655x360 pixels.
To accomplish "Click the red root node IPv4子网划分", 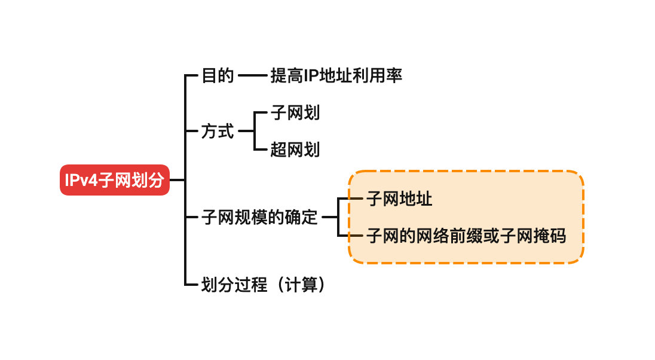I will (x=115, y=180).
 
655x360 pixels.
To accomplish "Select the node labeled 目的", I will (x=218, y=76).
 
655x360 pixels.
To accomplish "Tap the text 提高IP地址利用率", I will (x=336, y=76).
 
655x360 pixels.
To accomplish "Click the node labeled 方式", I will (x=218, y=131).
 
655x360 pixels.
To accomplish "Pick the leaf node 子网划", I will (x=295, y=112).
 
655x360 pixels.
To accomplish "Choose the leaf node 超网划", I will (x=295, y=150).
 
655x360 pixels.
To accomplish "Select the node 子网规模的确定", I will (x=260, y=217).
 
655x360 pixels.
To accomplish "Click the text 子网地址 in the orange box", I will (x=399, y=199).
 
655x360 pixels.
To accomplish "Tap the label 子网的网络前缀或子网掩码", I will (x=466, y=236).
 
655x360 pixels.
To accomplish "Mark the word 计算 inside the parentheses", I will (x=301, y=285).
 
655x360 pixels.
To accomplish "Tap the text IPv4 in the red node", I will (x=81, y=180).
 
